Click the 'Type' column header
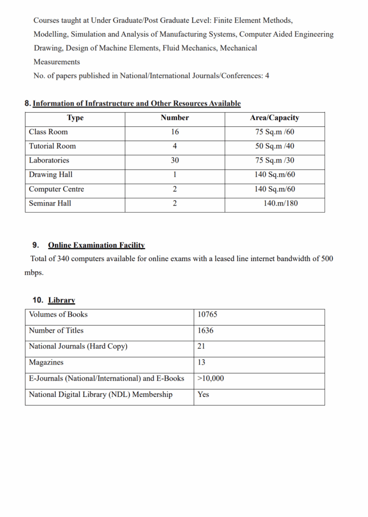(x=75, y=118)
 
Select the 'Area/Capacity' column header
(x=275, y=118)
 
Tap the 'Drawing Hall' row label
(x=50, y=175)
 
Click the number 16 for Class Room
(x=175, y=132)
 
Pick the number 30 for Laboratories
(x=175, y=161)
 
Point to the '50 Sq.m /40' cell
(x=275, y=146)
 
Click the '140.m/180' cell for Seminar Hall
(x=280, y=203)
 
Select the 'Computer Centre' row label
(x=57, y=189)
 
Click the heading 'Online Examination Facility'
(x=96, y=245)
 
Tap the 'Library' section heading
(x=62, y=300)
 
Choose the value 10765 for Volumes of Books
(x=207, y=315)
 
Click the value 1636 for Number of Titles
(x=205, y=331)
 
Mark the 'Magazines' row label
(x=46, y=363)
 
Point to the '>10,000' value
(x=211, y=379)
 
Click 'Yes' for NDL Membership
(x=203, y=395)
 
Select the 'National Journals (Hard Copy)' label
(x=78, y=347)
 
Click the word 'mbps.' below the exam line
(x=34, y=273)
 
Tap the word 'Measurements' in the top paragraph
(x=57, y=62)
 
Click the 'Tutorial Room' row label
(x=52, y=146)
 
